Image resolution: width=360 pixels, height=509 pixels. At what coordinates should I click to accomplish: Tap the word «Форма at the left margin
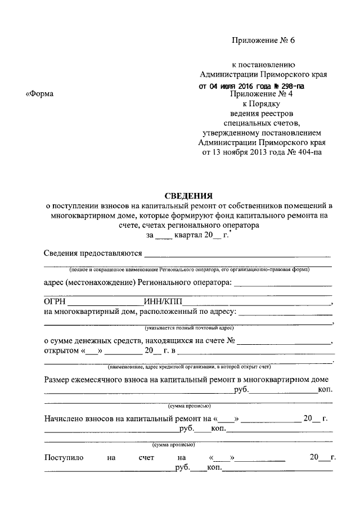click(40, 94)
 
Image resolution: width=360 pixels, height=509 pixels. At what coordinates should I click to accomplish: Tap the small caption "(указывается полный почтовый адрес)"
click(188, 327)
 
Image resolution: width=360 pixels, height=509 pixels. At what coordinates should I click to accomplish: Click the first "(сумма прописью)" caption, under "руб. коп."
click(189, 405)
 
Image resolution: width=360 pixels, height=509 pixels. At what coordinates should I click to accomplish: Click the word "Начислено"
click(63, 419)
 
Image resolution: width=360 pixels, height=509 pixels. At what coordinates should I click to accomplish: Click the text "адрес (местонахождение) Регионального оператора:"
click(138, 282)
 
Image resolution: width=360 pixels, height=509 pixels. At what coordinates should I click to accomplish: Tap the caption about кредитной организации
click(189, 366)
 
